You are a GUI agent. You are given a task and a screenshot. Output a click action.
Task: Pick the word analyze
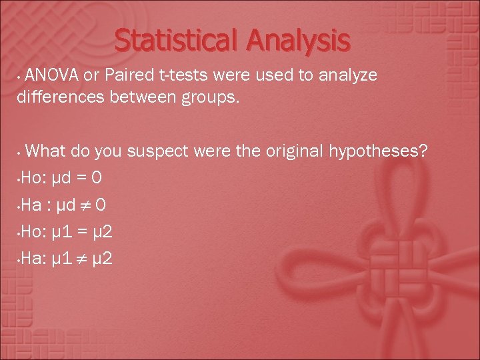(x=349, y=75)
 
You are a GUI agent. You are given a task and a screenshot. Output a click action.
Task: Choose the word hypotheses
(x=378, y=151)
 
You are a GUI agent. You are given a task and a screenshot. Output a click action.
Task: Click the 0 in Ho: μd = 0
(x=97, y=179)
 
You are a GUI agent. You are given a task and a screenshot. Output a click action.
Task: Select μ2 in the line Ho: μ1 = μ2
(x=104, y=231)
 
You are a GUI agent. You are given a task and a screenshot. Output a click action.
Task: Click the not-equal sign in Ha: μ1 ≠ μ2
(x=84, y=257)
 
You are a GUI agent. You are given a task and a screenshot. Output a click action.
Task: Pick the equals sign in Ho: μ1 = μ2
(x=83, y=231)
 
